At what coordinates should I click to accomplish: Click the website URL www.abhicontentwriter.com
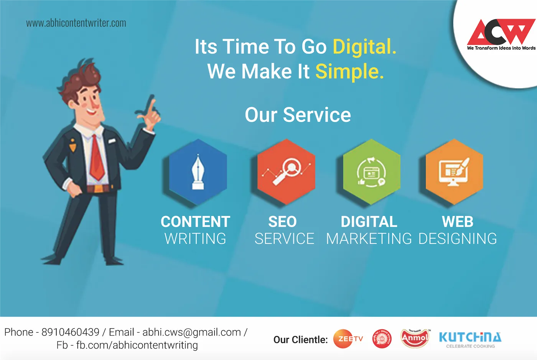click(x=76, y=23)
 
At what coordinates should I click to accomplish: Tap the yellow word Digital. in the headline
click(x=364, y=47)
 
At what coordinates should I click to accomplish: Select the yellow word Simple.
click(x=349, y=72)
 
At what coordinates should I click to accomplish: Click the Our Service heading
click(x=298, y=115)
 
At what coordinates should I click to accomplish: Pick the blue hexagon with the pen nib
click(x=198, y=172)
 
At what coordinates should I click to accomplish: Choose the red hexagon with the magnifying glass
click(x=286, y=172)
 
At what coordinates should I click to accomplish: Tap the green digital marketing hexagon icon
click(x=371, y=172)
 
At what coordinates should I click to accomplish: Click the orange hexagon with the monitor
click(x=454, y=172)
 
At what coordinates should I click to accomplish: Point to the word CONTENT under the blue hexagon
click(x=195, y=222)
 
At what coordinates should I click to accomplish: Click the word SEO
click(x=282, y=222)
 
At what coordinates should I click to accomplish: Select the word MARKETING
click(x=369, y=238)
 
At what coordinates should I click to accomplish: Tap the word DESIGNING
click(x=458, y=238)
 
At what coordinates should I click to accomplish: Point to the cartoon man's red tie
click(x=97, y=159)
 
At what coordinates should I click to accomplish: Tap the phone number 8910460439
click(x=70, y=332)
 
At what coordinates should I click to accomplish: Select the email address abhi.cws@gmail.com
click(x=192, y=332)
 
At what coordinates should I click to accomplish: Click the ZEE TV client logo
click(x=348, y=339)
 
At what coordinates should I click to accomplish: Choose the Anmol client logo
click(x=415, y=338)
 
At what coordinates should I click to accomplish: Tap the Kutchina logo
click(x=470, y=339)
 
